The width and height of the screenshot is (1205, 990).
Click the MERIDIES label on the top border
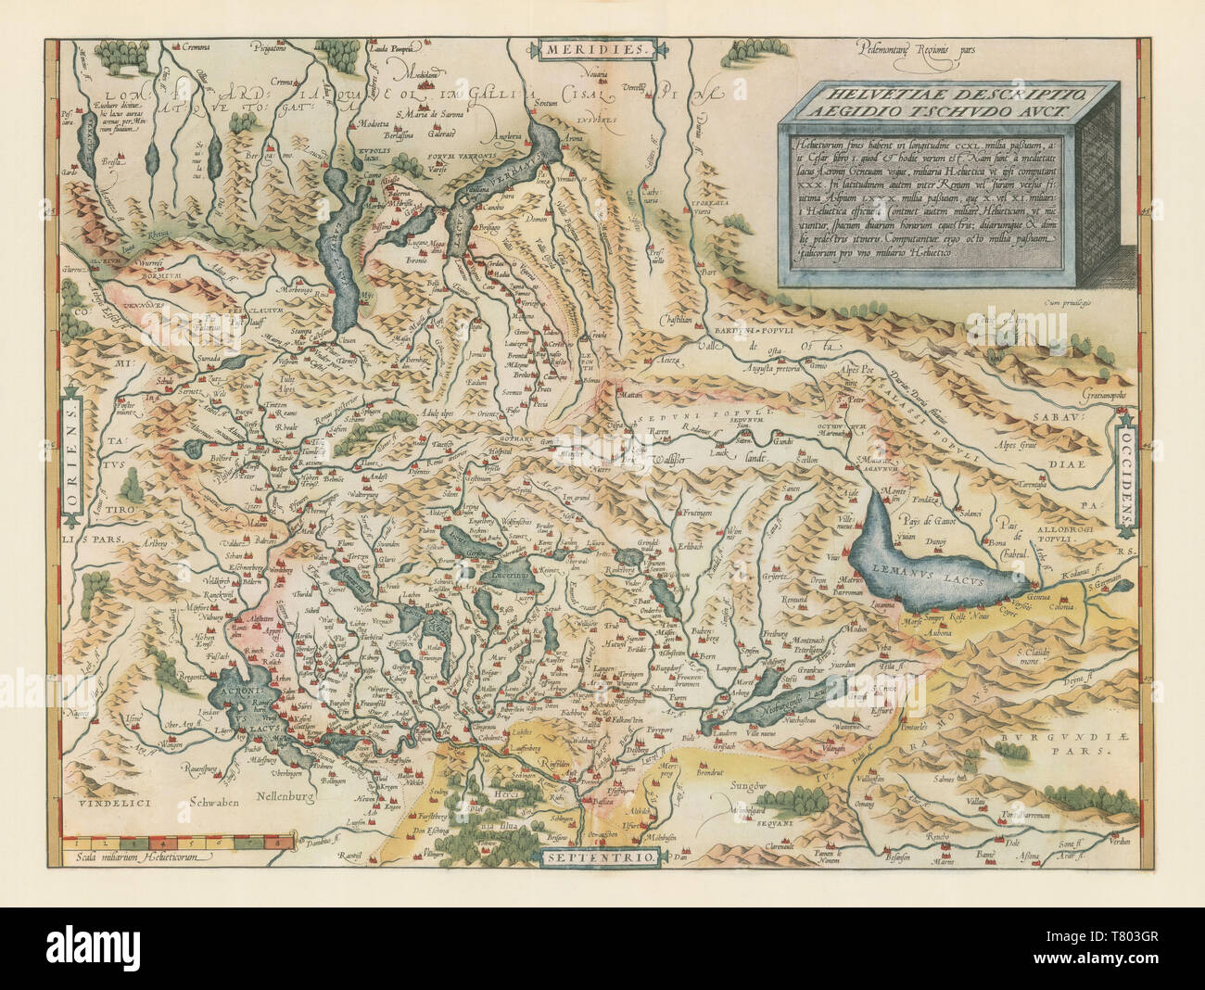coord(599,49)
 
